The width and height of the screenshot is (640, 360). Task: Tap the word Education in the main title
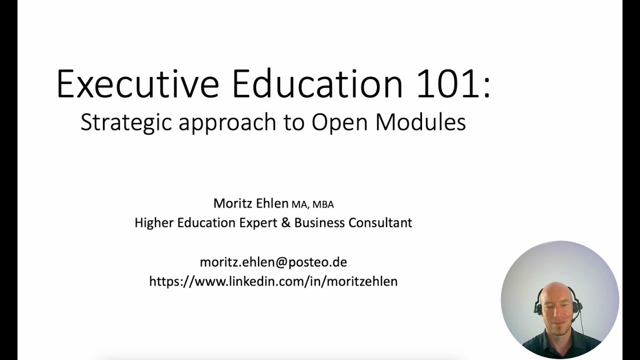[317, 84]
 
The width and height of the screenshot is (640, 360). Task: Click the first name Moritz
[231, 203]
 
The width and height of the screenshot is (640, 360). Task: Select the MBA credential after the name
[323, 204]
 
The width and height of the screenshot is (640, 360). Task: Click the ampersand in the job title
[285, 222]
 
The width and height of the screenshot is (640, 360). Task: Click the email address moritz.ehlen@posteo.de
[273, 262]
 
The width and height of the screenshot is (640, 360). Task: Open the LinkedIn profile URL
[273, 281]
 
